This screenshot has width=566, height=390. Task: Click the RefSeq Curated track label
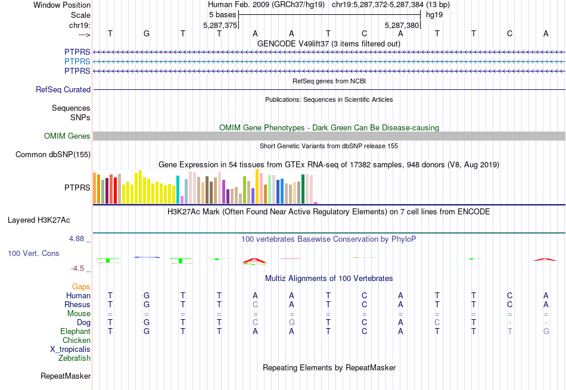63,90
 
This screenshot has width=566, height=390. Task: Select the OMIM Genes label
67,136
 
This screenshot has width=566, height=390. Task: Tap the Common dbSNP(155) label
54,155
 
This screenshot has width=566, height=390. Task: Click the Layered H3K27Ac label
39,220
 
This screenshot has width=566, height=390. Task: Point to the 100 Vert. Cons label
33,254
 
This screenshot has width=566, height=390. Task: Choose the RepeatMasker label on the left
66,376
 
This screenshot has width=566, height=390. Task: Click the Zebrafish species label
74,358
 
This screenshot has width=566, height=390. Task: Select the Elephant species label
75,332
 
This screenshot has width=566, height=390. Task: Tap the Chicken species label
77,341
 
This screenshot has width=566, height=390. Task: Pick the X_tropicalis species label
69,350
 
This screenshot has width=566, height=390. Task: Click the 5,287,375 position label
220,26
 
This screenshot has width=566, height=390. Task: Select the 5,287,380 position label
402,26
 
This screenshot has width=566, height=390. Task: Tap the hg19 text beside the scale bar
433,15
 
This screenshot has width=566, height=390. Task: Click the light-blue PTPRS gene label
77,62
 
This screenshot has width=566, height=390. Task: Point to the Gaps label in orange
81,287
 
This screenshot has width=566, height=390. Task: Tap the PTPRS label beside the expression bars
77,188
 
